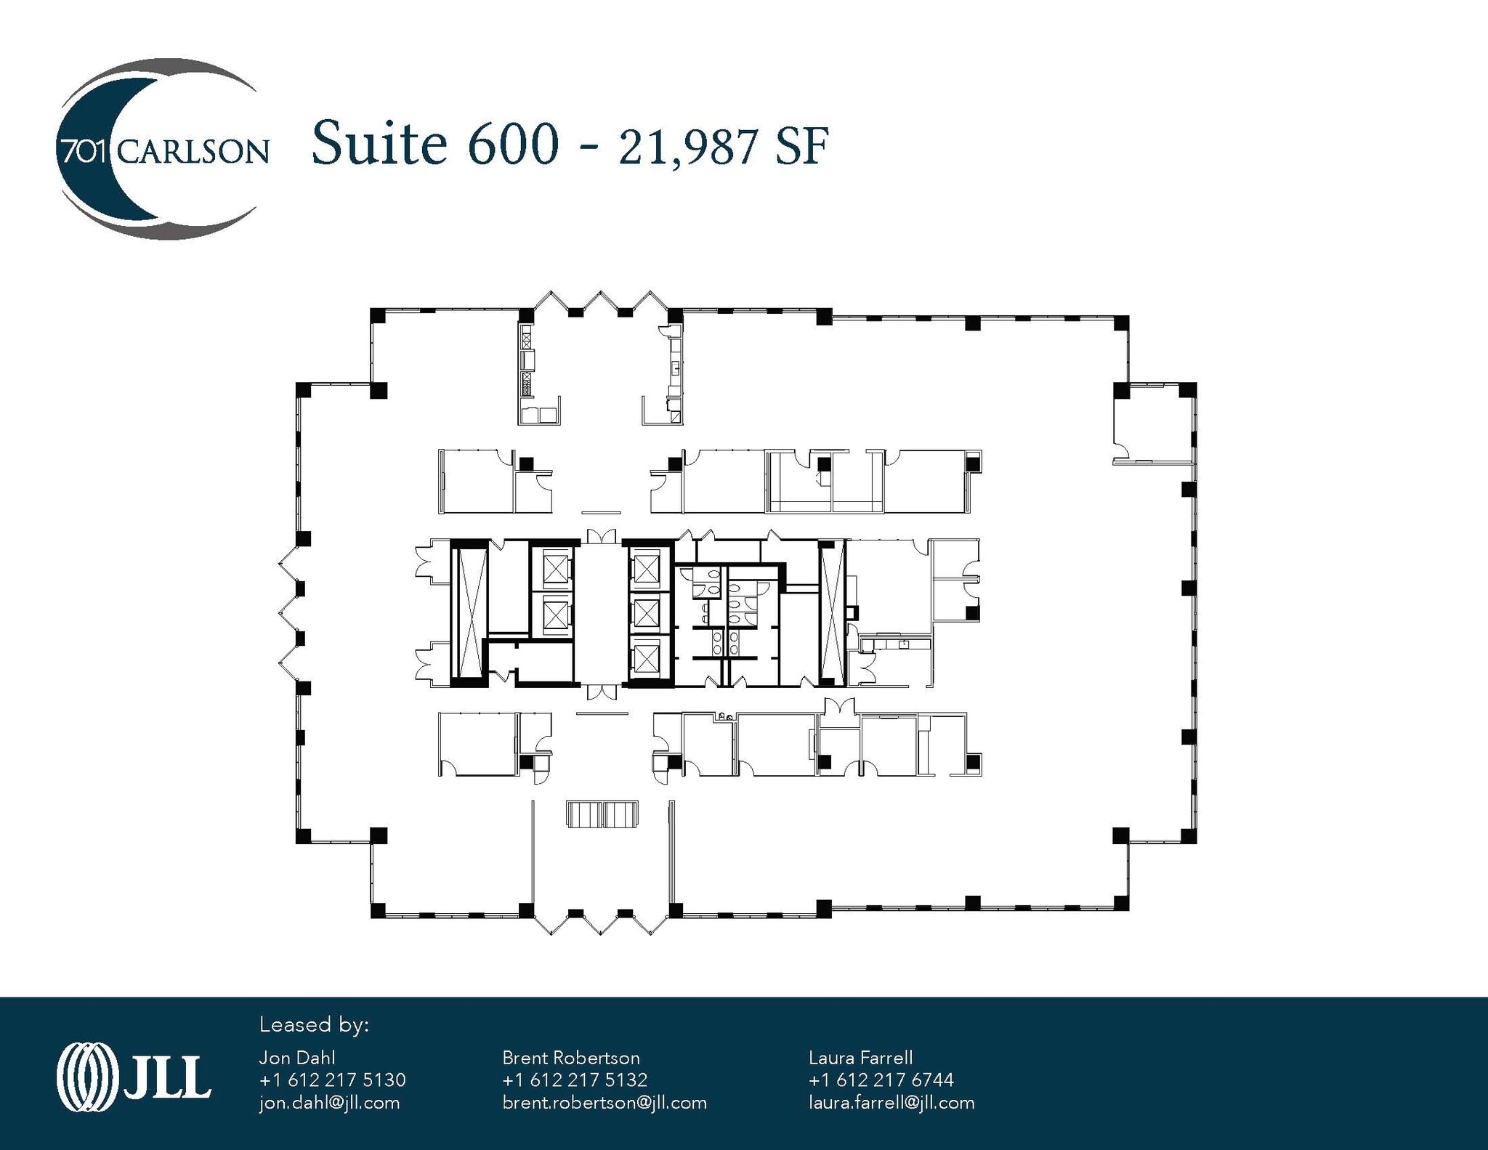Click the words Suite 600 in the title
435,142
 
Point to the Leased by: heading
314,1025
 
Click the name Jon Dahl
297,1058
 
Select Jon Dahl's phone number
332,1080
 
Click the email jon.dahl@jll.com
329,1103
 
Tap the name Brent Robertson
571,1058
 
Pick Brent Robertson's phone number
575,1080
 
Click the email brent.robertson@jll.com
604,1103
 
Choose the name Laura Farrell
860,1058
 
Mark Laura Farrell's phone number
881,1080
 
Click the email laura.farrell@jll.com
891,1103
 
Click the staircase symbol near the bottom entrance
602,814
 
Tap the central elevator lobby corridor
601,614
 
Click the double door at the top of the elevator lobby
601,536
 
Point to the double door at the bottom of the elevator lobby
602,692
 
